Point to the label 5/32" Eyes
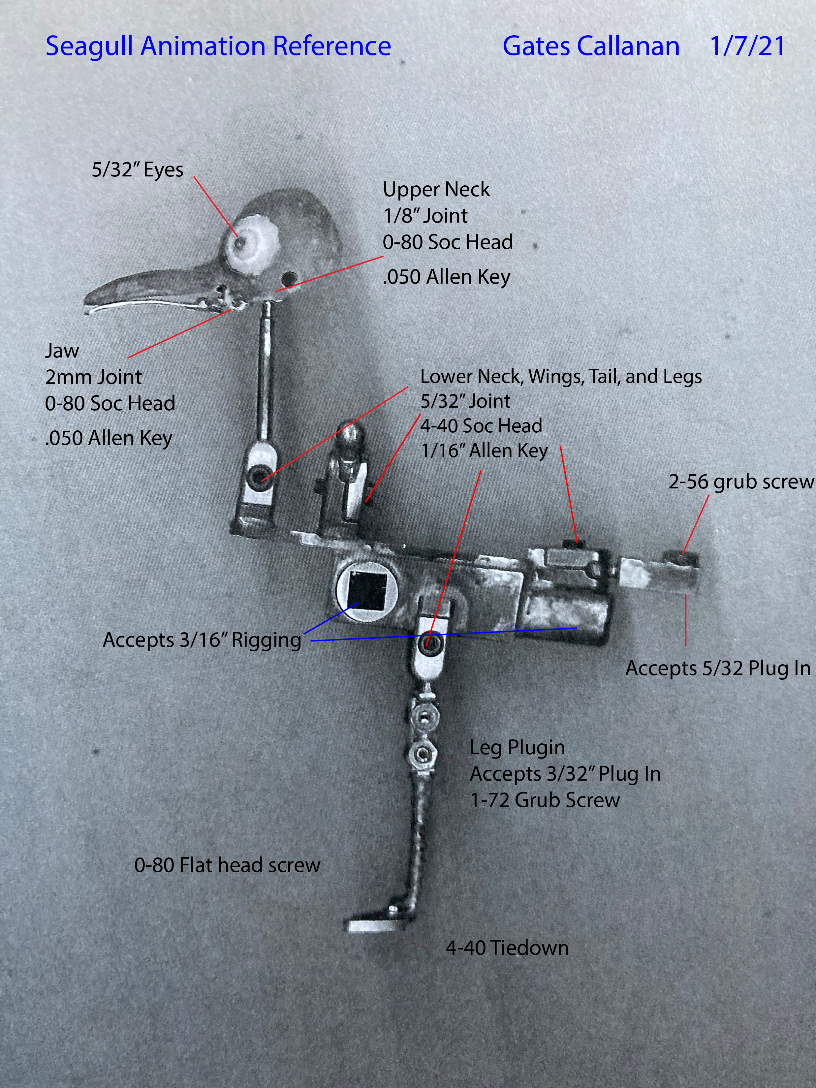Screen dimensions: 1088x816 137,170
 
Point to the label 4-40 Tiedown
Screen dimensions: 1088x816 507,948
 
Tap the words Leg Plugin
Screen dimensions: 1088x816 517,747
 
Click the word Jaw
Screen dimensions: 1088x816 62,351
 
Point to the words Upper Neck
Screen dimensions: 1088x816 436,189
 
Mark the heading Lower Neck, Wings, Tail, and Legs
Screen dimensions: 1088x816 561,376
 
